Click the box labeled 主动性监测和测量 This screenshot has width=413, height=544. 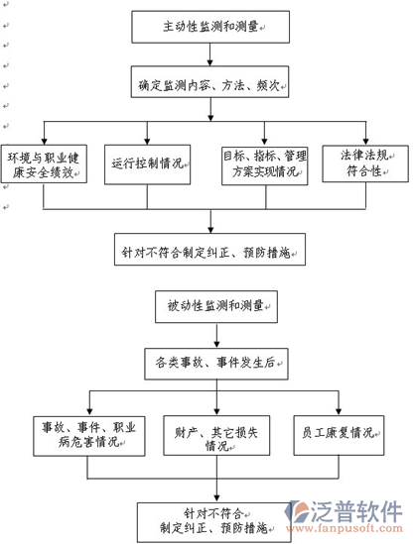[x=210, y=27]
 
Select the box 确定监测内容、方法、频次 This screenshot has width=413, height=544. [x=209, y=82]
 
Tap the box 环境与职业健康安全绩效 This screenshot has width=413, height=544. [x=44, y=163]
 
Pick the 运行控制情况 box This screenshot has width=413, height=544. [x=147, y=164]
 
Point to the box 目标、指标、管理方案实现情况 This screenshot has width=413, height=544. [x=264, y=165]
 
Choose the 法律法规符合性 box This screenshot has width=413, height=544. [x=365, y=163]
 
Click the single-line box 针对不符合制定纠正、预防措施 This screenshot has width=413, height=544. [x=210, y=250]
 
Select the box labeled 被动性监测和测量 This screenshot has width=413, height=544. [x=216, y=307]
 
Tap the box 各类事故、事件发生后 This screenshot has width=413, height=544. [x=216, y=364]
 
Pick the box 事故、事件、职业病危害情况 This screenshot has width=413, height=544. [x=89, y=436]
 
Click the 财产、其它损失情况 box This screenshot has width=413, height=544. [x=216, y=435]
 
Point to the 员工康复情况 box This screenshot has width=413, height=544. [x=339, y=435]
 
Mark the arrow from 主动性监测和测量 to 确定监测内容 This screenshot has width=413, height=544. [x=210, y=54]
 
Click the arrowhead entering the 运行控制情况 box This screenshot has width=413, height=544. [x=147, y=142]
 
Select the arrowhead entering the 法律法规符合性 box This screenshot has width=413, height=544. [x=365, y=142]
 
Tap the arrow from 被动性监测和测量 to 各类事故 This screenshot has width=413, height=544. [x=216, y=336]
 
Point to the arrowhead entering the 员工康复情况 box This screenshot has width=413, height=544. [x=339, y=412]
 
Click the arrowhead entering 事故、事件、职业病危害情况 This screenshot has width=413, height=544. [x=89, y=412]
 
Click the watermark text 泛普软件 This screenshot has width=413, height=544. [x=355, y=512]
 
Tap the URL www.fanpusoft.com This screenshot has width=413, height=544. [x=344, y=528]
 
